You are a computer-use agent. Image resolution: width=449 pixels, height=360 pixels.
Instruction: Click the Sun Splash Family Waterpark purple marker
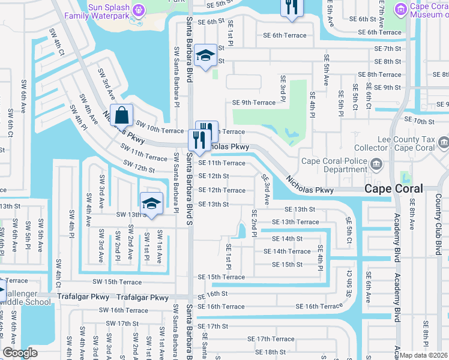tap(139, 9)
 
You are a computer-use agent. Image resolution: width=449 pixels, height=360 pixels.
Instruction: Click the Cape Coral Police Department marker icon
tap(376, 164)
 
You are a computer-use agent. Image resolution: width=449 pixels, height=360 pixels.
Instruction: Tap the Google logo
tap(20, 353)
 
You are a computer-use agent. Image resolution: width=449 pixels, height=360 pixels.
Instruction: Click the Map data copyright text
tap(423, 355)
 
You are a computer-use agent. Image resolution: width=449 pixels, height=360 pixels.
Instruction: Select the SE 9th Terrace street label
tap(254, 103)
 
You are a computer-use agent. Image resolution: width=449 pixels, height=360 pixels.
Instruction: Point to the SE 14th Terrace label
tap(291, 251)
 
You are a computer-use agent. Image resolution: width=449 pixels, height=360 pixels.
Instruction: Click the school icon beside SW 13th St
tap(151, 203)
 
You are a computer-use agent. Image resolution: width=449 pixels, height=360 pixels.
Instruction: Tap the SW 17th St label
tap(119, 323)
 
